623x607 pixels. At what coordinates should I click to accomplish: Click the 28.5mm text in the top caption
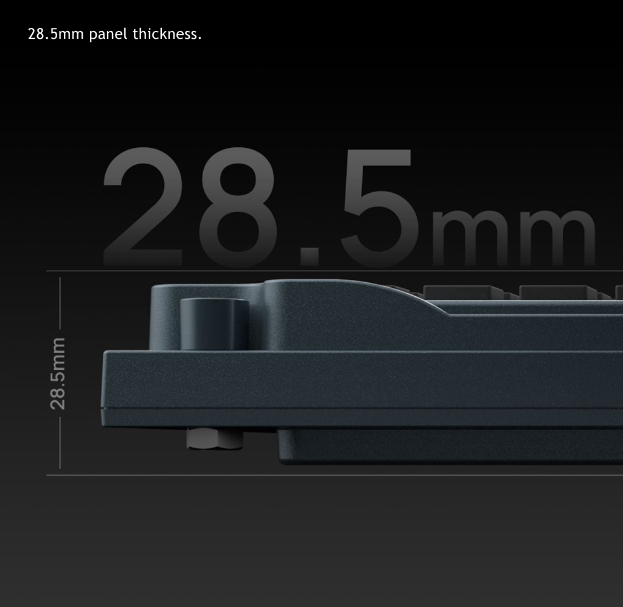pos(55,34)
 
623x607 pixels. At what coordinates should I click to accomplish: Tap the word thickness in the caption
pos(167,34)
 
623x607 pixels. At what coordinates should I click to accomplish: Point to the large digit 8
pos(238,206)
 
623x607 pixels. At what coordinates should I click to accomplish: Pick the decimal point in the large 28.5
pos(310,256)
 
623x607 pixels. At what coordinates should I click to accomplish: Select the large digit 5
pos(380,207)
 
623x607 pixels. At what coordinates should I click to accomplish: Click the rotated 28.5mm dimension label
pos(58,373)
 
